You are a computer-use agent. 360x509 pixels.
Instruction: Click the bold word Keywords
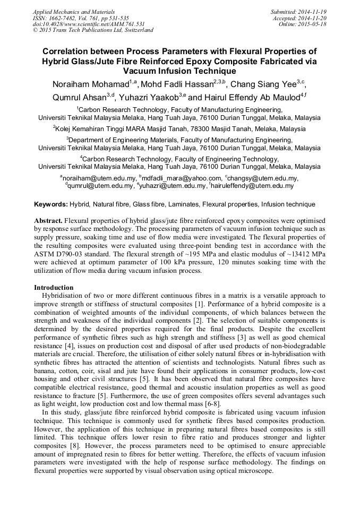(51, 204)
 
